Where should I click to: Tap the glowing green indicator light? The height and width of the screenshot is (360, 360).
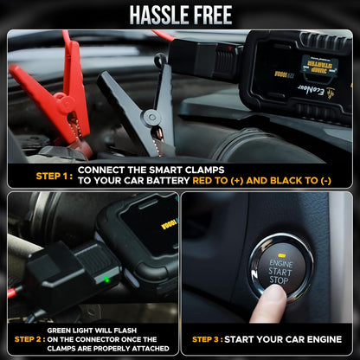click(x=106, y=279)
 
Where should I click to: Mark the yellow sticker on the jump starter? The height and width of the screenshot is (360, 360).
click(x=319, y=65)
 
